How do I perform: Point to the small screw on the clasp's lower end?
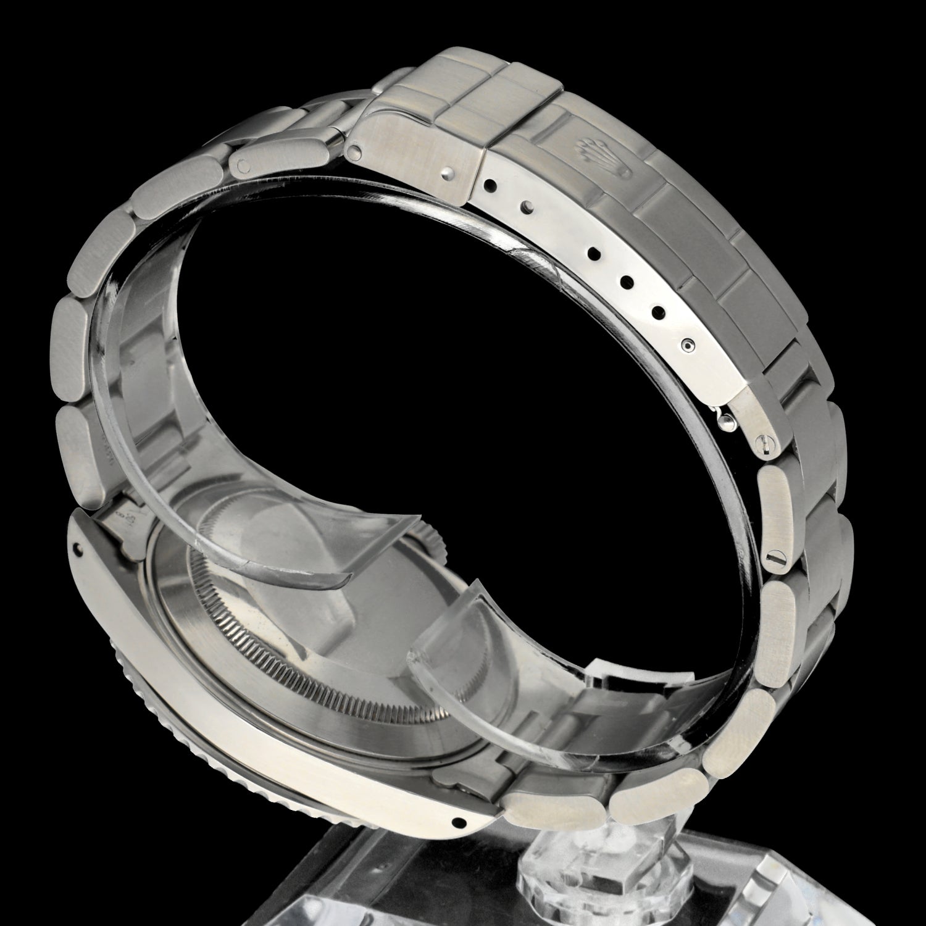764,442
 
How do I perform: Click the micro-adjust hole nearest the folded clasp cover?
491,185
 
